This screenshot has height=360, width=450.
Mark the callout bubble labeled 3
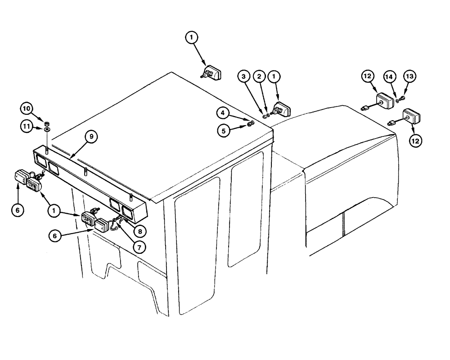click(243, 78)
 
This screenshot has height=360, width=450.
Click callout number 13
click(410, 77)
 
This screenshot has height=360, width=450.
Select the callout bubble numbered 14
click(390, 77)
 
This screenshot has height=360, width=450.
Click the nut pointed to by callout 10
click(47, 122)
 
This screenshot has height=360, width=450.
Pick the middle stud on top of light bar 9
click(85, 171)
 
